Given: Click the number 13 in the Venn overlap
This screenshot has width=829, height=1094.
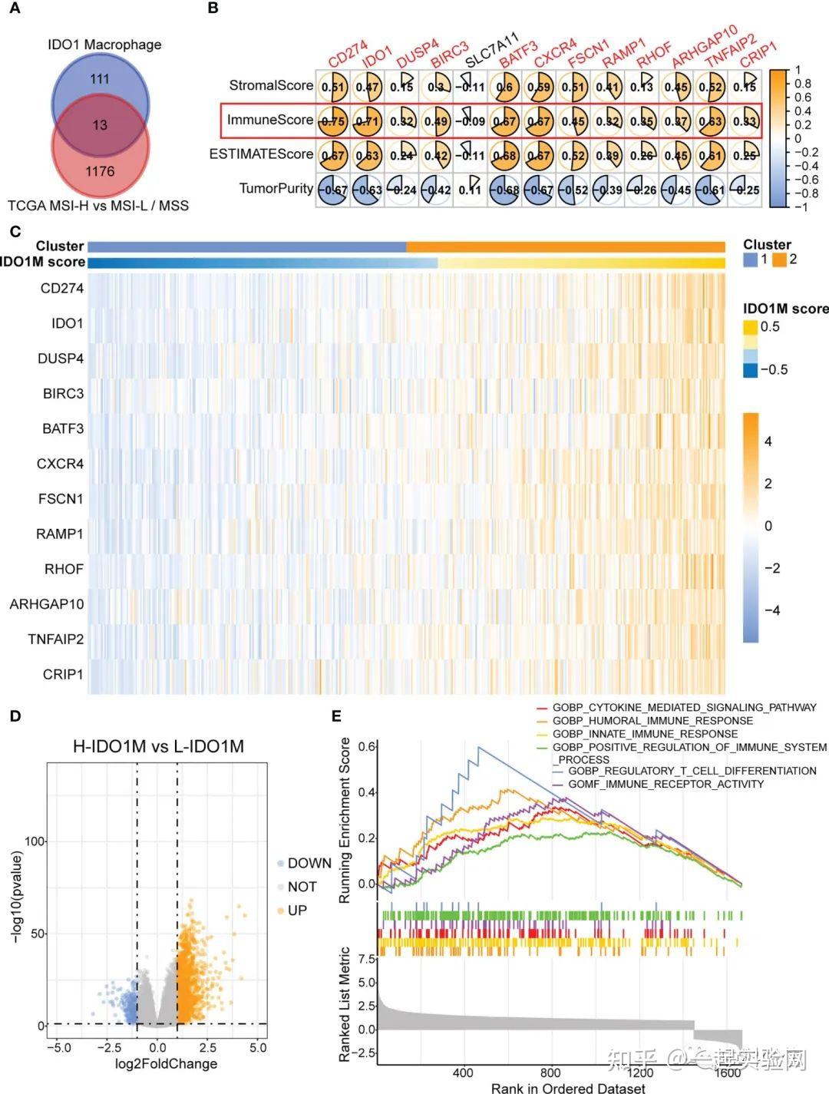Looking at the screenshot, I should [x=100, y=125].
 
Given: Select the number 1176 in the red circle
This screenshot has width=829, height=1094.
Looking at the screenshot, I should [x=100, y=171].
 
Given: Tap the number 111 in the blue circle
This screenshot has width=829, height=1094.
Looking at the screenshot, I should [x=100, y=79].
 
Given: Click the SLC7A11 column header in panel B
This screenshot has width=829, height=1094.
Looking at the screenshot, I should [x=492, y=50].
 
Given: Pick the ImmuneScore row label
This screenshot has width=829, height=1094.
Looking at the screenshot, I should [x=269, y=120].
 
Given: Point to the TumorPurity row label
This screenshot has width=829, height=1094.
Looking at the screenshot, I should [x=276, y=188].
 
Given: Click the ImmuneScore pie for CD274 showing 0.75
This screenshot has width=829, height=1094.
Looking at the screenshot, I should [x=333, y=121].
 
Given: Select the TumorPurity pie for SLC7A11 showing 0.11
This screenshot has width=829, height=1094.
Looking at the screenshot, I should [x=470, y=190].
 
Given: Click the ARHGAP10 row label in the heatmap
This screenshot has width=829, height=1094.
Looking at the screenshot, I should [x=47, y=604].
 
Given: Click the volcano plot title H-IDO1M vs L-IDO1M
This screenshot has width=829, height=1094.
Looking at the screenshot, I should [x=158, y=745].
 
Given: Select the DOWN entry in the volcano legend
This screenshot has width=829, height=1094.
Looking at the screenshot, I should [x=309, y=863].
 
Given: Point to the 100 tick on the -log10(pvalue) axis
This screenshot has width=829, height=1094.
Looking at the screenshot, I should [x=35, y=841].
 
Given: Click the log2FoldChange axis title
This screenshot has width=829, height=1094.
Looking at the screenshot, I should [x=166, y=1063].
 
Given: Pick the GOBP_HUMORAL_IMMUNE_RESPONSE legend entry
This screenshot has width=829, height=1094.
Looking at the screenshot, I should [x=652, y=721].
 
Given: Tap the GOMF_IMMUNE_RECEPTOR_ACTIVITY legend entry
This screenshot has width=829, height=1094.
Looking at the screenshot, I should [x=666, y=784].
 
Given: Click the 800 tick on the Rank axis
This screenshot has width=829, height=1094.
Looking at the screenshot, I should [x=550, y=1073].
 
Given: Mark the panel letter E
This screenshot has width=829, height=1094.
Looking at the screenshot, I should [x=336, y=716].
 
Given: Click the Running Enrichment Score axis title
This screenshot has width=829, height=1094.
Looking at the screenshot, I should [x=345, y=819].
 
